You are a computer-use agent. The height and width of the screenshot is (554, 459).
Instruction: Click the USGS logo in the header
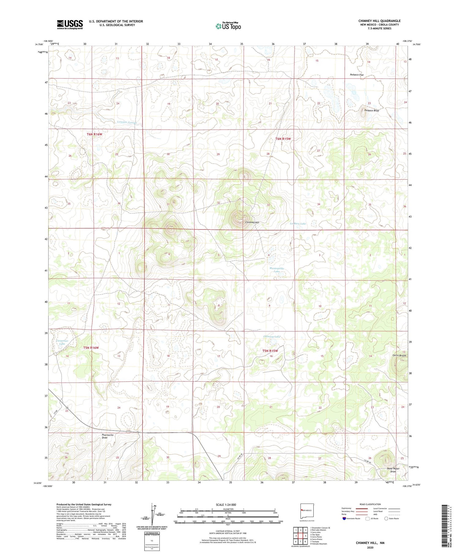(70, 24)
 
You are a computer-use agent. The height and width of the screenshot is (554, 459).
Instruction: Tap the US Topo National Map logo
(228, 26)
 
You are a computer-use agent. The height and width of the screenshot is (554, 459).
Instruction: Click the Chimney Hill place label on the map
(252, 222)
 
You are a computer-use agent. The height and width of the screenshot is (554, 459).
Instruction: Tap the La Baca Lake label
(298, 224)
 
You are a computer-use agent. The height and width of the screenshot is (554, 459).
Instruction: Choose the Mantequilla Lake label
(277, 270)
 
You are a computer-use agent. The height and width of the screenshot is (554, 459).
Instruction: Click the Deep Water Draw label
(393, 470)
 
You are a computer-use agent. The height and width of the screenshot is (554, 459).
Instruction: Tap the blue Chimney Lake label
(272, 336)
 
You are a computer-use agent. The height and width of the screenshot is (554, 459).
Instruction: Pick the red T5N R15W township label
(270, 351)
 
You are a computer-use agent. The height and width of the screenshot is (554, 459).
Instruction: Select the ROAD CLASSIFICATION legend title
(370, 504)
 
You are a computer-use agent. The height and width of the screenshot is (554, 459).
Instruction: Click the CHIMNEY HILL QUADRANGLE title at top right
(379, 21)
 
